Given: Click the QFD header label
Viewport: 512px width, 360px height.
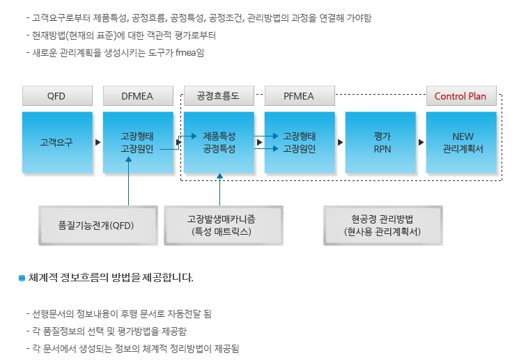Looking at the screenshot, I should (x=56, y=96).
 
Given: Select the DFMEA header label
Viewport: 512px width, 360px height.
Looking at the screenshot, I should (x=137, y=96).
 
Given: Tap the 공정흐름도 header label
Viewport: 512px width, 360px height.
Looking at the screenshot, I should (x=218, y=96).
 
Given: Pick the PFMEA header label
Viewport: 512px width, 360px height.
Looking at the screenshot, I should (x=299, y=96).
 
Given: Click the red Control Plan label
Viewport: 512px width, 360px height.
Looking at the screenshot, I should (x=460, y=96).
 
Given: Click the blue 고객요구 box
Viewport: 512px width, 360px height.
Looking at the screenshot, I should (x=56, y=142).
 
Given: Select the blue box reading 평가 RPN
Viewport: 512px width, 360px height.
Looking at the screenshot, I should (x=380, y=142).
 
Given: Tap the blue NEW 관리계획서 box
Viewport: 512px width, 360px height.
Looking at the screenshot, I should (x=461, y=142).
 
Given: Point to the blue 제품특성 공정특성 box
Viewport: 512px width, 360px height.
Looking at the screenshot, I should (x=219, y=142).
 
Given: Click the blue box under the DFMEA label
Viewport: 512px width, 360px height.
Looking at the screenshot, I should (x=137, y=142).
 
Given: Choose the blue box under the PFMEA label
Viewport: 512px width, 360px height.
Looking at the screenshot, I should (x=300, y=142).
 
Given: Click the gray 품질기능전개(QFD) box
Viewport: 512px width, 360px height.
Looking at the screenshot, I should (x=96, y=226).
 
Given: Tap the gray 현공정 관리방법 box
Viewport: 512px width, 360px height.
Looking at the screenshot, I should (x=382, y=226).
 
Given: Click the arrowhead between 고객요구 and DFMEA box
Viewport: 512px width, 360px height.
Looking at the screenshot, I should (x=98, y=142).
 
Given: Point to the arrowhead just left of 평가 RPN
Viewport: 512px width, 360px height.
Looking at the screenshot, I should (x=341, y=142).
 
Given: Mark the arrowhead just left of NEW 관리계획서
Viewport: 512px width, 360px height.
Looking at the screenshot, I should (x=421, y=142).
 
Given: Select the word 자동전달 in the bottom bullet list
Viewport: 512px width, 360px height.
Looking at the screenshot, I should (x=183, y=313).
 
